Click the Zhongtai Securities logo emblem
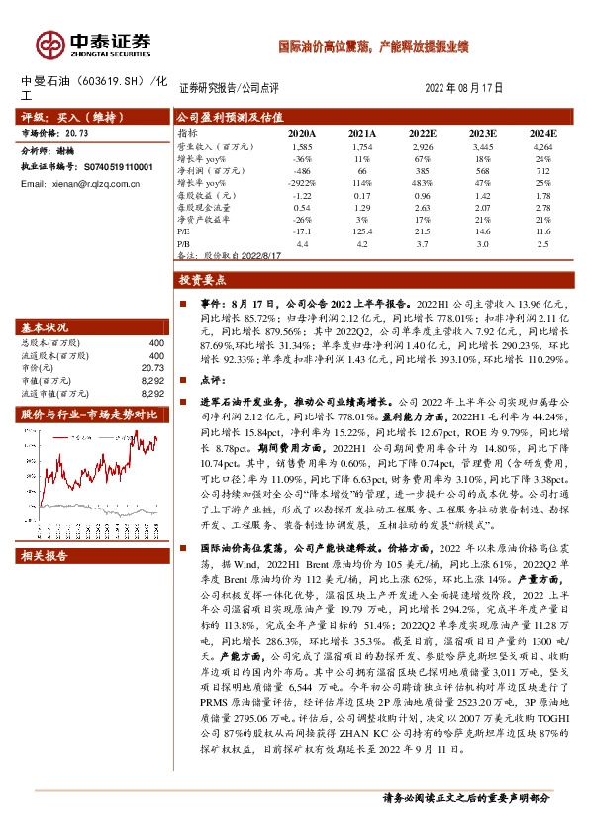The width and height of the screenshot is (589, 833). [48, 43]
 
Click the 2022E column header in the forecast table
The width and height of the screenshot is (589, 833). [422, 132]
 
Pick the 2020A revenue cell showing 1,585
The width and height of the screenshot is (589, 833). [302, 145]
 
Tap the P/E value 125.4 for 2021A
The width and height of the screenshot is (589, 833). [361, 230]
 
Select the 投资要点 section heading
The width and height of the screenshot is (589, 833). [195, 280]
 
